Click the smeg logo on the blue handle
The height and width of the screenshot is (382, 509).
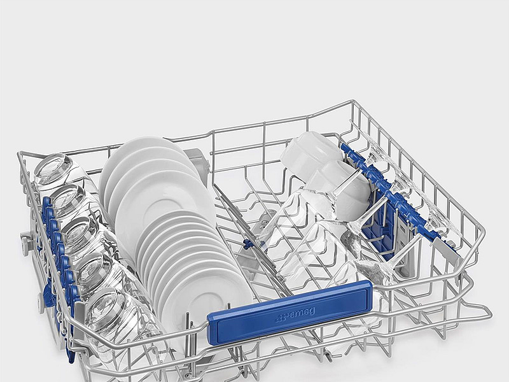coord(295,315)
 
